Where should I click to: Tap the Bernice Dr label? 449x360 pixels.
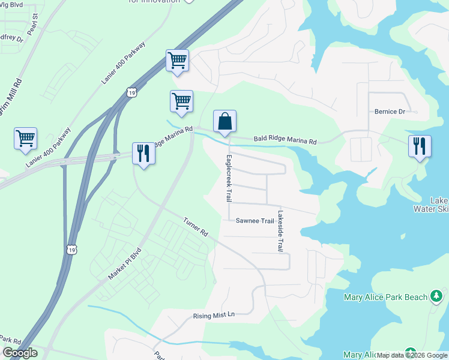coord(390,112)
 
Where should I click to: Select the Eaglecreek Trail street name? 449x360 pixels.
coord(229,178)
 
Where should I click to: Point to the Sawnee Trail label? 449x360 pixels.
coord(255,221)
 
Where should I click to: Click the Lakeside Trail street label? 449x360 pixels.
coord(280,231)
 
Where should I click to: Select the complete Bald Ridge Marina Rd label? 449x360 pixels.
coord(285,139)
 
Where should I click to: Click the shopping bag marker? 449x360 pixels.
coord(224,121)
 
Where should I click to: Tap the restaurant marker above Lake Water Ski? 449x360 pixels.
coord(420,147)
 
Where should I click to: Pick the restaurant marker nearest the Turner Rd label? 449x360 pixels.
coord(143,153)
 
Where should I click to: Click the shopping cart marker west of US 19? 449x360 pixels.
coord(25,139)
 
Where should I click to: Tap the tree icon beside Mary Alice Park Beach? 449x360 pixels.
coord(437,296)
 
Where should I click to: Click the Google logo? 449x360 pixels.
coord(20,353)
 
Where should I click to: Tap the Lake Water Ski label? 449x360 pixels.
coord(432,205)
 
